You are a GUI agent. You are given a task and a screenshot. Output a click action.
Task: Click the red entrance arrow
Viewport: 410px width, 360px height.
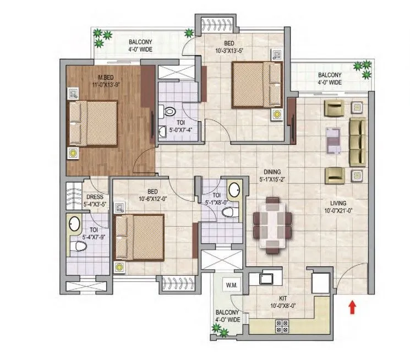click(352, 306)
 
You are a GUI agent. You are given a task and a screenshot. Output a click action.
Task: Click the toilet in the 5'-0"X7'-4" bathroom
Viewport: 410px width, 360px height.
click(169, 112)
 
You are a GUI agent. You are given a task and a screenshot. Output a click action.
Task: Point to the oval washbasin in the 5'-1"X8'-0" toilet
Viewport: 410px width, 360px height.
click(234, 190)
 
